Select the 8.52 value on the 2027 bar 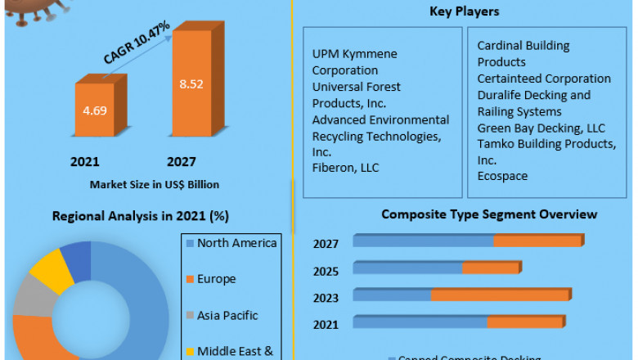[191, 83]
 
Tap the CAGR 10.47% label [137, 43]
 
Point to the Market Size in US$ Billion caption [154, 184]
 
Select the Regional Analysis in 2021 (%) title [140, 217]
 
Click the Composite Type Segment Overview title [489, 214]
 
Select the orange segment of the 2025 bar [491, 268]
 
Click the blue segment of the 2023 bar [393, 295]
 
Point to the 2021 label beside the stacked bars [326, 325]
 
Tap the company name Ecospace [502, 176]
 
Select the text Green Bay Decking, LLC [541, 128]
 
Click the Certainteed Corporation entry [544, 79]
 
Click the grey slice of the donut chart [29, 296]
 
